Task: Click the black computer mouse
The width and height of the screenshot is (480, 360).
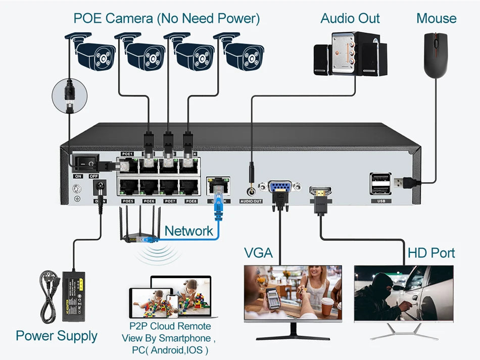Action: (x=436, y=55)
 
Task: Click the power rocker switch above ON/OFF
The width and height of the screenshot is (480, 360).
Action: (x=86, y=163)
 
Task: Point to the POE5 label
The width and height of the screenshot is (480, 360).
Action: (x=128, y=201)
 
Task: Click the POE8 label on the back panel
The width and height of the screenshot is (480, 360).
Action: (x=191, y=201)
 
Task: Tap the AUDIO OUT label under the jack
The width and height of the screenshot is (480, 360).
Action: (x=251, y=201)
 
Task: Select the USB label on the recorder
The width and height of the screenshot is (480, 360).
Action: (x=380, y=201)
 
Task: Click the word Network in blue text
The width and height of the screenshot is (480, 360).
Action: (x=189, y=231)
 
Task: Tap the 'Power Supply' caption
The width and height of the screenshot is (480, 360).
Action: (x=57, y=336)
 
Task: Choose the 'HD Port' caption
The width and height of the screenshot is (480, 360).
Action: (x=431, y=252)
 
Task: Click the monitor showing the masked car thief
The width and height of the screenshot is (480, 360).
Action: (x=404, y=293)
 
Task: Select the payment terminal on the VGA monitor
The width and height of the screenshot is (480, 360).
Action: (x=273, y=299)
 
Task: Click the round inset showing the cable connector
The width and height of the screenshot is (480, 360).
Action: (x=70, y=95)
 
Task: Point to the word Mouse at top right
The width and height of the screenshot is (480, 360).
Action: (x=436, y=19)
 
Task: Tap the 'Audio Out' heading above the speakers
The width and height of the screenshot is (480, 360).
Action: (x=350, y=19)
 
